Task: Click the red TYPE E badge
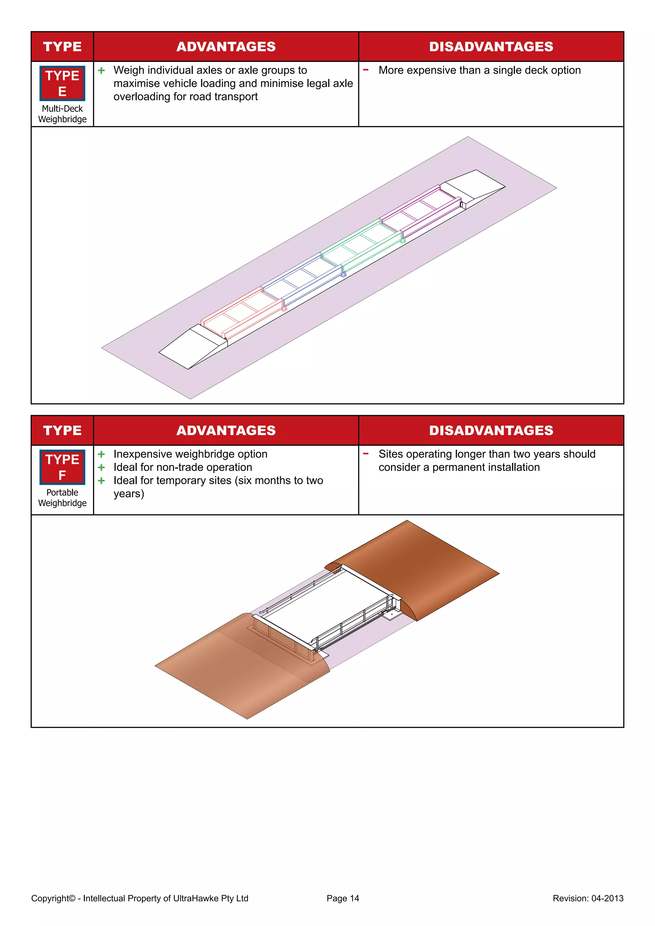(62, 83)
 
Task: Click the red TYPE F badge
(62, 467)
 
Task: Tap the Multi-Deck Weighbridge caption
(62, 114)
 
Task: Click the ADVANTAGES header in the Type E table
(226, 47)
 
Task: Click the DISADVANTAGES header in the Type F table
(491, 431)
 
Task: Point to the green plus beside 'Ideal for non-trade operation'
(102, 467)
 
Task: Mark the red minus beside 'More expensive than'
(366, 70)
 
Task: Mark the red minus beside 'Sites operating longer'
(366, 453)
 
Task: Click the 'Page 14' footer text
(343, 898)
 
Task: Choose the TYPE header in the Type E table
(62, 47)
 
